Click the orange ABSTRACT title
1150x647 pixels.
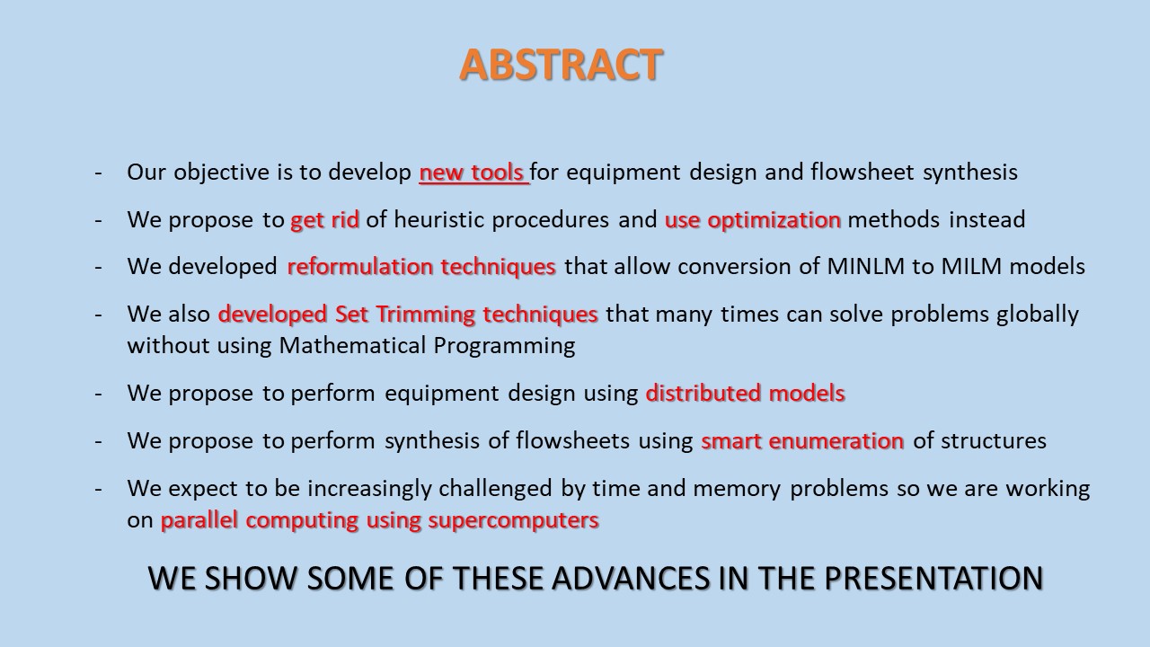pos(561,65)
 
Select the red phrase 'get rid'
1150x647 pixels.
pos(324,220)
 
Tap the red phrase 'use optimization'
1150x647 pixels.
pos(753,220)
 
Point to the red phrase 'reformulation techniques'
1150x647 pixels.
pos(421,267)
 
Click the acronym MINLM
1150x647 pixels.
pos(865,267)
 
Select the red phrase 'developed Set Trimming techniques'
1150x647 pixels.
pos(408,315)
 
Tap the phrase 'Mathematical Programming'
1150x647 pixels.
pos(427,346)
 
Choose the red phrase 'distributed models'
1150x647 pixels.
pos(745,393)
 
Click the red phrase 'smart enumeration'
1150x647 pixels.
pos(802,440)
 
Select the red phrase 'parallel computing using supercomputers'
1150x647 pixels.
pos(380,520)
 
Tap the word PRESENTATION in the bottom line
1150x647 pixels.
pos(933,578)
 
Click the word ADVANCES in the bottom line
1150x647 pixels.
pos(631,578)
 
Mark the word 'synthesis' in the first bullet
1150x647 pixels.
pos(969,173)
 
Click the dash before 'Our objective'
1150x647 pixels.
pos(98,173)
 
